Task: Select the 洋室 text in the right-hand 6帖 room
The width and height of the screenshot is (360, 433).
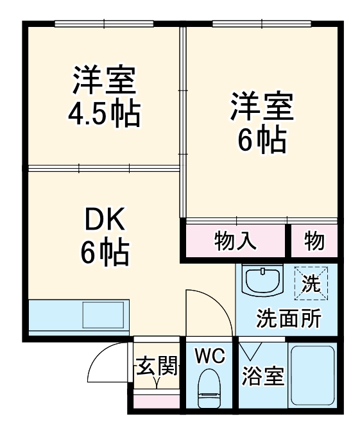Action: tap(262, 106)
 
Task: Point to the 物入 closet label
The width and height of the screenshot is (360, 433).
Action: tap(235, 241)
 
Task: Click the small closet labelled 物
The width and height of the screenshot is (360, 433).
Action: tap(314, 241)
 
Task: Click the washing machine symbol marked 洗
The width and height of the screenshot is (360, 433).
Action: tap(311, 283)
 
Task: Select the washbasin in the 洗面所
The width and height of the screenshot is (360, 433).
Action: tap(262, 280)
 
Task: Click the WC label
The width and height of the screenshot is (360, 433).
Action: tap(210, 356)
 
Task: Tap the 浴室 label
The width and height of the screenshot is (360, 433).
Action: tap(262, 377)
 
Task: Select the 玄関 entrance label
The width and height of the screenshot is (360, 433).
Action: tap(156, 367)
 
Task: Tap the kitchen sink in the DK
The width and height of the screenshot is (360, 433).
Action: tap(102, 316)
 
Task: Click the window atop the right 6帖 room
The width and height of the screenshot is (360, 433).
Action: tap(261, 24)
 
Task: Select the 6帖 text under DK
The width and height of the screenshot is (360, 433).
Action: tap(105, 253)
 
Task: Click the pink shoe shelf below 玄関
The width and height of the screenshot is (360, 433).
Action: tap(156, 402)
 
